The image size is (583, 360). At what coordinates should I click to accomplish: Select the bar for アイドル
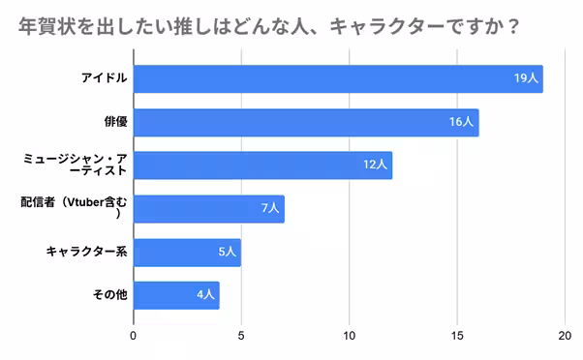pyautogui.click(x=337, y=79)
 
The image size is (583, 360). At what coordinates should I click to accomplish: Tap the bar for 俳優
pyautogui.click(x=305, y=122)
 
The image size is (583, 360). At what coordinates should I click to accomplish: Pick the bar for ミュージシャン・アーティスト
pyautogui.click(x=261, y=165)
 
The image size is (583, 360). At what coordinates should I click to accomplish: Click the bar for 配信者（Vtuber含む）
pyautogui.click(x=208, y=208)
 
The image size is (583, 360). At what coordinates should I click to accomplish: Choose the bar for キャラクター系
pyautogui.click(x=187, y=253)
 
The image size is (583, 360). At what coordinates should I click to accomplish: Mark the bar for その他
pyautogui.click(x=176, y=295)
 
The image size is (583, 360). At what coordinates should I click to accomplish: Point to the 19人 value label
pyautogui.click(x=527, y=79)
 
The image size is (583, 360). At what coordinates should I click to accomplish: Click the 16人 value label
pyautogui.click(x=462, y=122)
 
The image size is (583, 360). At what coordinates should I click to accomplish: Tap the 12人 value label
pyautogui.click(x=376, y=165)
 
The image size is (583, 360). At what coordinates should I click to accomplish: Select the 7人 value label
pyautogui.click(x=270, y=208)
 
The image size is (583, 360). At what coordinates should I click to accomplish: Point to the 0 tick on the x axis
pyautogui.click(x=134, y=338)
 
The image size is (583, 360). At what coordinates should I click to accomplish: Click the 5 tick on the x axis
pyautogui.click(x=241, y=338)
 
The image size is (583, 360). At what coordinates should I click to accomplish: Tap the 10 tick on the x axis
pyautogui.click(x=349, y=338)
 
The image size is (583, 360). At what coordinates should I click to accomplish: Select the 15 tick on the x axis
pyautogui.click(x=456, y=338)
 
